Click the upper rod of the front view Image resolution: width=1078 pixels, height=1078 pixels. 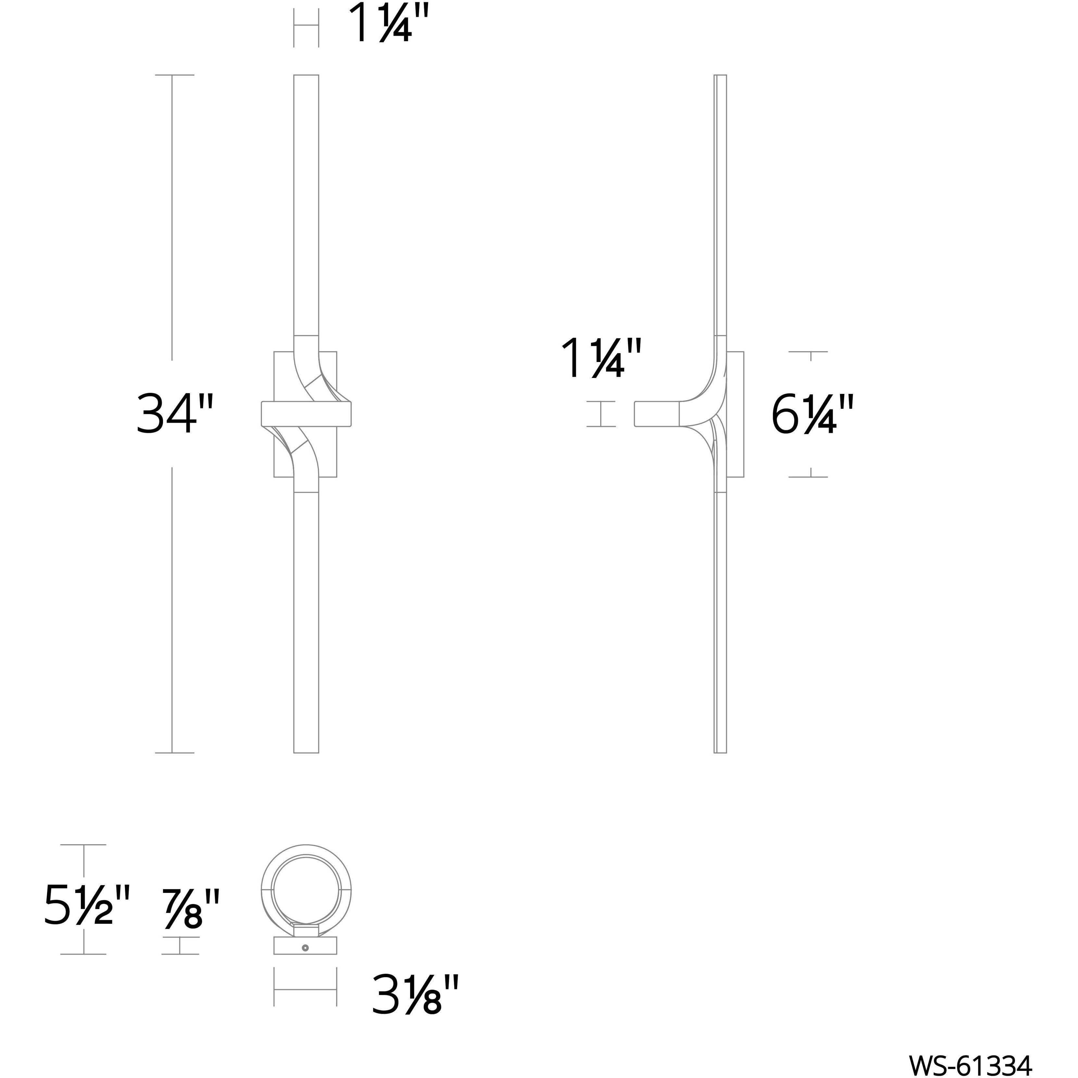tap(306, 207)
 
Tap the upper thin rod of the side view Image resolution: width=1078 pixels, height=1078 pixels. tap(720, 207)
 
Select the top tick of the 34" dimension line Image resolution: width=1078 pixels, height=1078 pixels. tap(174, 75)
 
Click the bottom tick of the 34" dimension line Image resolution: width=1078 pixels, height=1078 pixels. tap(174, 753)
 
